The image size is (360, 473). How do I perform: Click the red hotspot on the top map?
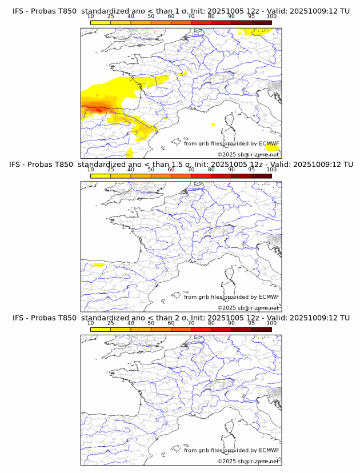click(x=101, y=109)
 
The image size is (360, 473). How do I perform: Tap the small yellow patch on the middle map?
click(x=97, y=265)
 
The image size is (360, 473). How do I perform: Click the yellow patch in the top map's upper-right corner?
click(x=263, y=32)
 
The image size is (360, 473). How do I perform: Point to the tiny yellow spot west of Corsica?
click(x=213, y=124)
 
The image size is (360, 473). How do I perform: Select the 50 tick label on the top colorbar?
click(x=151, y=16)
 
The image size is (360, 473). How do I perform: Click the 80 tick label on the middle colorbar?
click(x=211, y=169)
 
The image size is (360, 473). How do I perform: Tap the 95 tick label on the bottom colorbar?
click(x=251, y=323)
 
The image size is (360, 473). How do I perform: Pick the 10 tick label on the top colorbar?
click(x=90, y=16)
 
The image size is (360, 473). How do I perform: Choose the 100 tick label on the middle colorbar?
click(x=271, y=169)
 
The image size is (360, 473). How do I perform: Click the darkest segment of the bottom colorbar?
click(x=261, y=329)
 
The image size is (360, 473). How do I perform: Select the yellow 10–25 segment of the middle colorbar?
click(x=101, y=176)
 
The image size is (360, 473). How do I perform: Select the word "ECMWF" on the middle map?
click(x=269, y=296)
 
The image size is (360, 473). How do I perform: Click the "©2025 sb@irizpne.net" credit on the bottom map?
click(x=249, y=461)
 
